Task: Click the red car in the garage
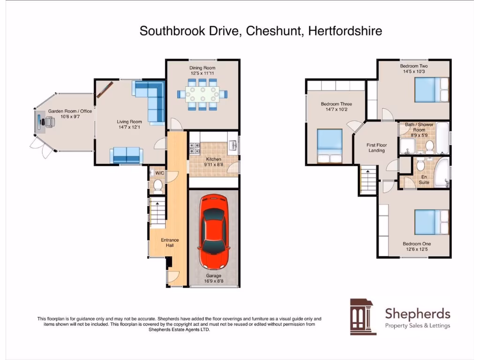tap(213, 232)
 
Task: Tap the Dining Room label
tap(202, 68)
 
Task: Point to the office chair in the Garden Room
tap(48, 122)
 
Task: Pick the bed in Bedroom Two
tap(431, 89)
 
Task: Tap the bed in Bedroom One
tap(431, 222)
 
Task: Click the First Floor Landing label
tap(376, 148)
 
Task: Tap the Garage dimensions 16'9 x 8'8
tap(213, 281)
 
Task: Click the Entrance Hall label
tap(170, 242)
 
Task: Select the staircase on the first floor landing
tap(368, 181)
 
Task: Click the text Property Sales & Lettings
tap(417, 326)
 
